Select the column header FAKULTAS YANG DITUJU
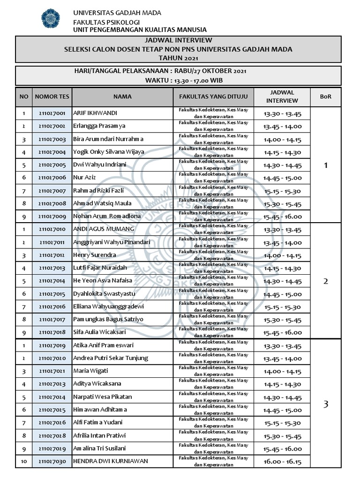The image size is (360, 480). tap(213, 97)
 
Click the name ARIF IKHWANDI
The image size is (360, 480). tap(95, 113)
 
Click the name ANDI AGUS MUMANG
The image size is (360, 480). tap(104, 229)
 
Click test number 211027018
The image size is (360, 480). tap(52, 332)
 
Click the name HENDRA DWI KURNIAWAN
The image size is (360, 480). tap(111, 461)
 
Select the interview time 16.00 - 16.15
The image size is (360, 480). tap(282, 462)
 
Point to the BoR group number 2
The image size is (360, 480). tap(326, 281)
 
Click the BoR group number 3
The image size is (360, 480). tap(326, 404)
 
